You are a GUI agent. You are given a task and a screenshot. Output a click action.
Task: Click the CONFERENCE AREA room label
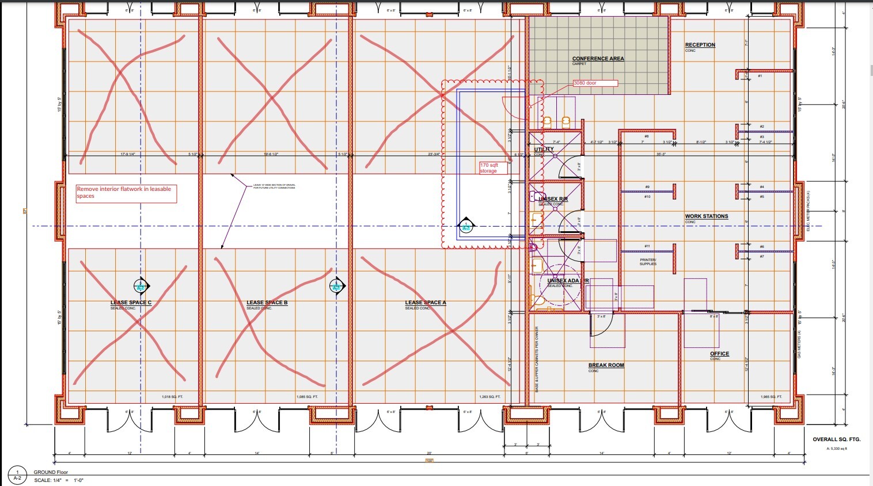pos(598,59)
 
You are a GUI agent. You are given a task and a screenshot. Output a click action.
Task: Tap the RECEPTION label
pos(700,45)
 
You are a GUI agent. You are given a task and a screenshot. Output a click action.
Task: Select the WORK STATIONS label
pos(707,216)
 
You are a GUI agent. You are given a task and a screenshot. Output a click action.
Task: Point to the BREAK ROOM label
pos(606,365)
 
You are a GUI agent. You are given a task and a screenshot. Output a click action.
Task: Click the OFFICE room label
pos(719,354)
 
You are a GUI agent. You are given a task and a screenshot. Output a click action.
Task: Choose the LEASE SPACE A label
pos(426,303)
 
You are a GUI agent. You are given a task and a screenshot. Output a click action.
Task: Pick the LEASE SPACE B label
pos(267,303)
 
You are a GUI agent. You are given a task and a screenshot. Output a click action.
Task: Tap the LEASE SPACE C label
pos(131,303)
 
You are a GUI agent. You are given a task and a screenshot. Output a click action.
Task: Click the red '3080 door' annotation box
pos(595,83)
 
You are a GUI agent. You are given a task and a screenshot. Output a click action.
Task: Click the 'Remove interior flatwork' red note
pos(126,193)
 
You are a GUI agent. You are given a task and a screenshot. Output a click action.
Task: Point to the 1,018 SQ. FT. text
pos(172,397)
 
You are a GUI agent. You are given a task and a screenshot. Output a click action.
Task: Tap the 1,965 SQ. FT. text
pos(771,397)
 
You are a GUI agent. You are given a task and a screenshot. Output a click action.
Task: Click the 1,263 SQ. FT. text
pos(489,397)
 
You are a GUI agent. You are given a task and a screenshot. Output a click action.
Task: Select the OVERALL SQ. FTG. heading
pos(836,439)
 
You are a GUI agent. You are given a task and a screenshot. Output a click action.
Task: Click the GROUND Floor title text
pos(51,472)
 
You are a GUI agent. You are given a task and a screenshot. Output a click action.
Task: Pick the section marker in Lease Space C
pos(141,286)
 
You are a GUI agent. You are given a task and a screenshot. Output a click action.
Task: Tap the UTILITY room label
pos(544,150)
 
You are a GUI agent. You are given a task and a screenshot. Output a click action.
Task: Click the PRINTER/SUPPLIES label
pos(648,262)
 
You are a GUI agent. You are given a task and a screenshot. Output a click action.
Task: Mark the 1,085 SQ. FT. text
pos(307,397)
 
